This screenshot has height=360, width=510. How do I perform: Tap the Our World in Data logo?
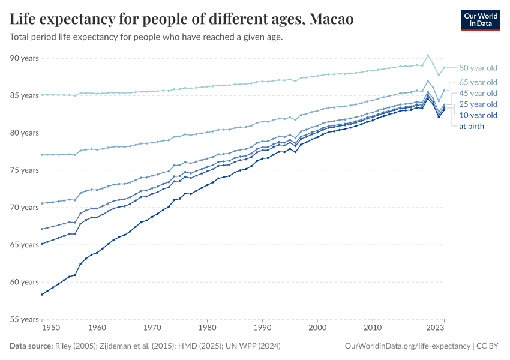(x=480, y=19)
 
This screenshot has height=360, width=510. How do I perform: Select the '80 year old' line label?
(x=478, y=68)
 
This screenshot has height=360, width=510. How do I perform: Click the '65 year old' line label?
(x=478, y=82)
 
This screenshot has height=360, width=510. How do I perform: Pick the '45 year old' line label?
(x=478, y=93)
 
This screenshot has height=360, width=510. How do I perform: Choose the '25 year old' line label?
(x=478, y=104)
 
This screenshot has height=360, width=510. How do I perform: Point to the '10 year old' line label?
(x=478, y=115)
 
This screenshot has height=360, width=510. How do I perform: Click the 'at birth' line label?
(x=472, y=126)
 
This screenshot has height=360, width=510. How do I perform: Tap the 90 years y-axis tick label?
(x=24, y=58)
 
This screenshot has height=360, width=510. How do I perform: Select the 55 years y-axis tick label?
(x=24, y=319)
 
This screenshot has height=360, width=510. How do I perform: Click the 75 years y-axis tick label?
(x=24, y=170)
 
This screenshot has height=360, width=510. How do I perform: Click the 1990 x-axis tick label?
(x=262, y=328)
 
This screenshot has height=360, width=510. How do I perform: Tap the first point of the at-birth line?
(x=41, y=295)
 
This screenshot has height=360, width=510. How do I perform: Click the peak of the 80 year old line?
(x=428, y=55)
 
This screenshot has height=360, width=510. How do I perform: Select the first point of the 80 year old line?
(x=41, y=95)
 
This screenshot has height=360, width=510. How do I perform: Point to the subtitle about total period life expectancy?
(x=146, y=37)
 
